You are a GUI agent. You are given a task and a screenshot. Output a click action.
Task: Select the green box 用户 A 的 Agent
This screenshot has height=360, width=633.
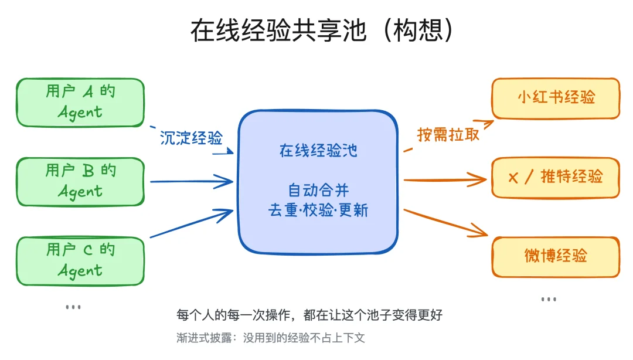coord(80,102)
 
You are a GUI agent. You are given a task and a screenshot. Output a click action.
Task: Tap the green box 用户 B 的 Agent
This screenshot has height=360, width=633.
coord(80,181)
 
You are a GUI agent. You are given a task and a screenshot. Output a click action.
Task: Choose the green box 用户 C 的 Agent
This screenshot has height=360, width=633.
coord(80,260)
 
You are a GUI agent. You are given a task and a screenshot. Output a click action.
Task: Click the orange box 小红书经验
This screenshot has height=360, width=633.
coord(556,98)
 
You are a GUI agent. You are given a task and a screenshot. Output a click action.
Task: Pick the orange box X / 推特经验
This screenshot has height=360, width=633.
coord(556,177)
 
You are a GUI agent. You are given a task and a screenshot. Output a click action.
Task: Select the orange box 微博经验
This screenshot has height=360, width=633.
coord(556,256)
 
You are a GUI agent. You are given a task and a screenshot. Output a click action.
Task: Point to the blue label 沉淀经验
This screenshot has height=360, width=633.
coord(191,138)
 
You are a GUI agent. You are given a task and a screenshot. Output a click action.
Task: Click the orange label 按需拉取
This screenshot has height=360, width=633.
coord(448,134)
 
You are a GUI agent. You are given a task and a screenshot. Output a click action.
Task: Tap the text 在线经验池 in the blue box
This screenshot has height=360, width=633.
coord(318,151)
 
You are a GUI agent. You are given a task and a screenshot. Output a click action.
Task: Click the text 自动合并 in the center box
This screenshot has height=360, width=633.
coord(318,191)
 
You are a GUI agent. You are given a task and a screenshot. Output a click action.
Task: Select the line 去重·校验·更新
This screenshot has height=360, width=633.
coord(318,210)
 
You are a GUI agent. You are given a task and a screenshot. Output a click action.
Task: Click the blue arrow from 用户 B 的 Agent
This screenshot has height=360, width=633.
coord(191,181)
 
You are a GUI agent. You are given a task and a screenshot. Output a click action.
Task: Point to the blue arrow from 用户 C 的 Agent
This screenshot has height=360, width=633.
coord(191,223)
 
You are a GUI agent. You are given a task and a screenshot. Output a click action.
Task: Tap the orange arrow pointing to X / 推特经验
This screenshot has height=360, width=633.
coord(445,178)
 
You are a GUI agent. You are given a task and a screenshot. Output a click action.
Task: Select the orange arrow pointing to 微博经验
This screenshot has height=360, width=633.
coord(445,222)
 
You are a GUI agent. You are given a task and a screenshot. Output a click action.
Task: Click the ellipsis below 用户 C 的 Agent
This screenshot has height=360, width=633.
coord(73,307)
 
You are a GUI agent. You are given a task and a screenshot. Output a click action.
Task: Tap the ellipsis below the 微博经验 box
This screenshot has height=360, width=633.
coord(549,299)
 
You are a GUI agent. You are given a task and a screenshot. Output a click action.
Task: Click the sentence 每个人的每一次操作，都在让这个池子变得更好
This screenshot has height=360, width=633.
coord(309,315)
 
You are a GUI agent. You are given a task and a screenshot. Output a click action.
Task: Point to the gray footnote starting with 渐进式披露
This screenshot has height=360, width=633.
coord(271,338)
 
